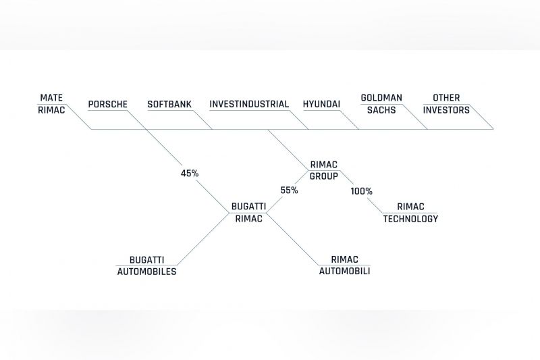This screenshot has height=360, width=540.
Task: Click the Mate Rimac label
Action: tap(51, 104)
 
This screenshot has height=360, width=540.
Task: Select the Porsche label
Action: tap(108, 104)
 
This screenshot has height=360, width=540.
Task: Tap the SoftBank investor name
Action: tap(169, 104)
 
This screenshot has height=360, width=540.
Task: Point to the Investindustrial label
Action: tap(249, 104)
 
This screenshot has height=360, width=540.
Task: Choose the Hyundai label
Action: tap(322, 104)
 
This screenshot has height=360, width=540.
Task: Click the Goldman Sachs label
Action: tap(381, 104)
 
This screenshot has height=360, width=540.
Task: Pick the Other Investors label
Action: tap(446, 104)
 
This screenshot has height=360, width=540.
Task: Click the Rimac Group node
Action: tap(324, 170)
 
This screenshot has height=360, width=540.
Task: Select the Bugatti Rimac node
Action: tap(248, 213)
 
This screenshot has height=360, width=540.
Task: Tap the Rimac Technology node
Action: tap(410, 213)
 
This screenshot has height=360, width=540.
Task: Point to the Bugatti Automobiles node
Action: tap(146, 265)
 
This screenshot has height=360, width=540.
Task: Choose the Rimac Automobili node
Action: tap(344, 265)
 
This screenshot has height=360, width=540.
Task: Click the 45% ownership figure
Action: tap(190, 174)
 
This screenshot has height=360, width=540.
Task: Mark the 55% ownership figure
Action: tap(290, 190)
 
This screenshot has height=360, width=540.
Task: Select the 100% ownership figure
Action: tap(362, 191)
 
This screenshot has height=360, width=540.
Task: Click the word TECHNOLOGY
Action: tap(410, 219)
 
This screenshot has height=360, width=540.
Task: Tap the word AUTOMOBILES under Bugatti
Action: tap(146, 272)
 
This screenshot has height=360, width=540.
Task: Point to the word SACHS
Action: tap(381, 110)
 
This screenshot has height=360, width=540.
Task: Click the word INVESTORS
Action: tap(446, 110)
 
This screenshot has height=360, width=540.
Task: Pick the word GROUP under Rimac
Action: tap(324, 176)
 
